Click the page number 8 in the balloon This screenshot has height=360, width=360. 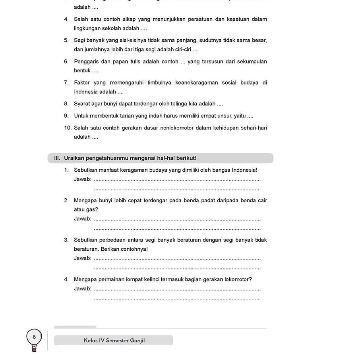tap(34, 337)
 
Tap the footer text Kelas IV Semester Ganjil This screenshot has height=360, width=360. tap(114, 341)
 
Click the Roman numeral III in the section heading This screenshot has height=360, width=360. tap(57, 158)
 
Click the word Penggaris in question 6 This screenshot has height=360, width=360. tap(86, 62)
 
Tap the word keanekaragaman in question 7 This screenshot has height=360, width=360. tap(197, 83)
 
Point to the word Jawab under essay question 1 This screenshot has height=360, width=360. tap(82, 179)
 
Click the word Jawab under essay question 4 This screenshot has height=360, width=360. tap(82, 288)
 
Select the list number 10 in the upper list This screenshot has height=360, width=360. tap(68, 128)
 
